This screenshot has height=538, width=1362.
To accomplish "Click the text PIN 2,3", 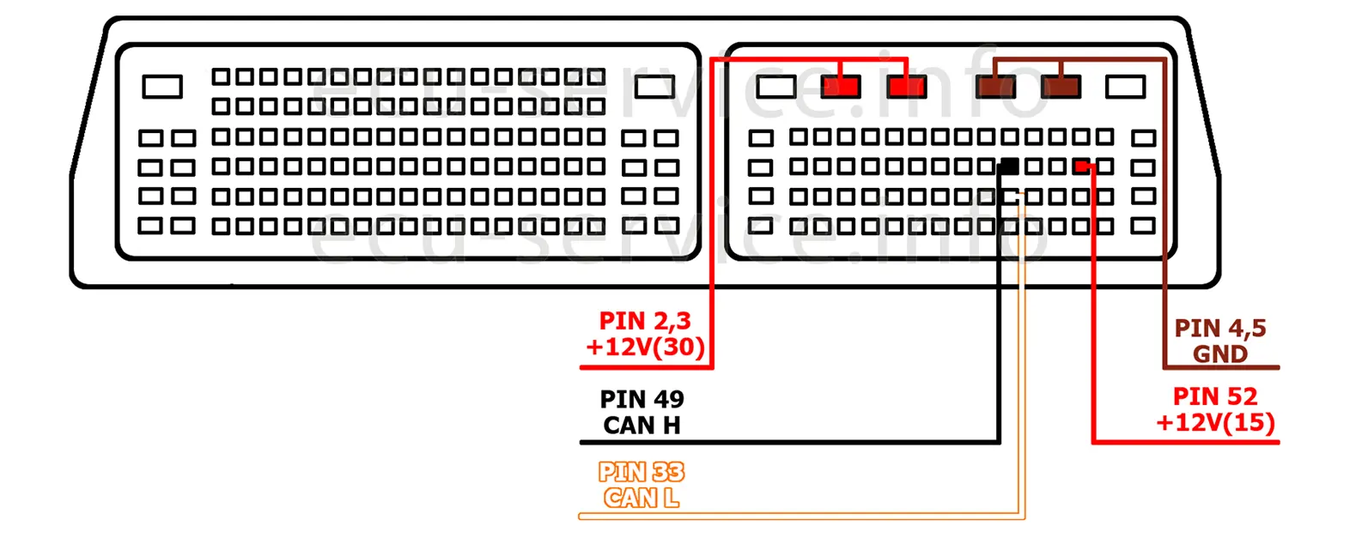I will click(645, 321).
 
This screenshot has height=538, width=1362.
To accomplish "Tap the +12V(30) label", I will click(645, 347).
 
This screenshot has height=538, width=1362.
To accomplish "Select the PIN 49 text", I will click(641, 399).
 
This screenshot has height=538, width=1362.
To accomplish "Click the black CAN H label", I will click(641, 425).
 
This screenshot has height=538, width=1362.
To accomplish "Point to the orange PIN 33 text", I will click(641, 472).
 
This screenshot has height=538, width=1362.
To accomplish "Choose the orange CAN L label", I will click(641, 498).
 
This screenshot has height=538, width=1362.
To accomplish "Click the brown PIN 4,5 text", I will click(1219, 328).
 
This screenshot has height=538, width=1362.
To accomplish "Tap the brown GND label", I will click(1219, 354).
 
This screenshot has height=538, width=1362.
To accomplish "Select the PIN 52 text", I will click(1215, 396).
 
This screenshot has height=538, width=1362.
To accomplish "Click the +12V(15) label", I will click(1215, 422).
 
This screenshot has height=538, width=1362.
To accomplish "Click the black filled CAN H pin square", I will click(1010, 166).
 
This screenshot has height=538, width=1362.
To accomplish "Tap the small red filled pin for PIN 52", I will click(1082, 166).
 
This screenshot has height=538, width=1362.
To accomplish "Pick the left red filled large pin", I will click(841, 87).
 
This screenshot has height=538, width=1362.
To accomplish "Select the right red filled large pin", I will click(907, 87).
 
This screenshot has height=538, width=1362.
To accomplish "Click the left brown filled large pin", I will click(996, 87).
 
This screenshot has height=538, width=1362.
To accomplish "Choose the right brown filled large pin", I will click(1061, 87).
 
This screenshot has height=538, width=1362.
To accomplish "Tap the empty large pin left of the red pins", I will click(776, 87).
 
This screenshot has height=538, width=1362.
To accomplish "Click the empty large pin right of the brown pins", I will click(1126, 87).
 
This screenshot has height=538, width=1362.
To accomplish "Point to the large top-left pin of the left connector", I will click(162, 87).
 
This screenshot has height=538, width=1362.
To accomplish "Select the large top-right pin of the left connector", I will click(654, 87).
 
